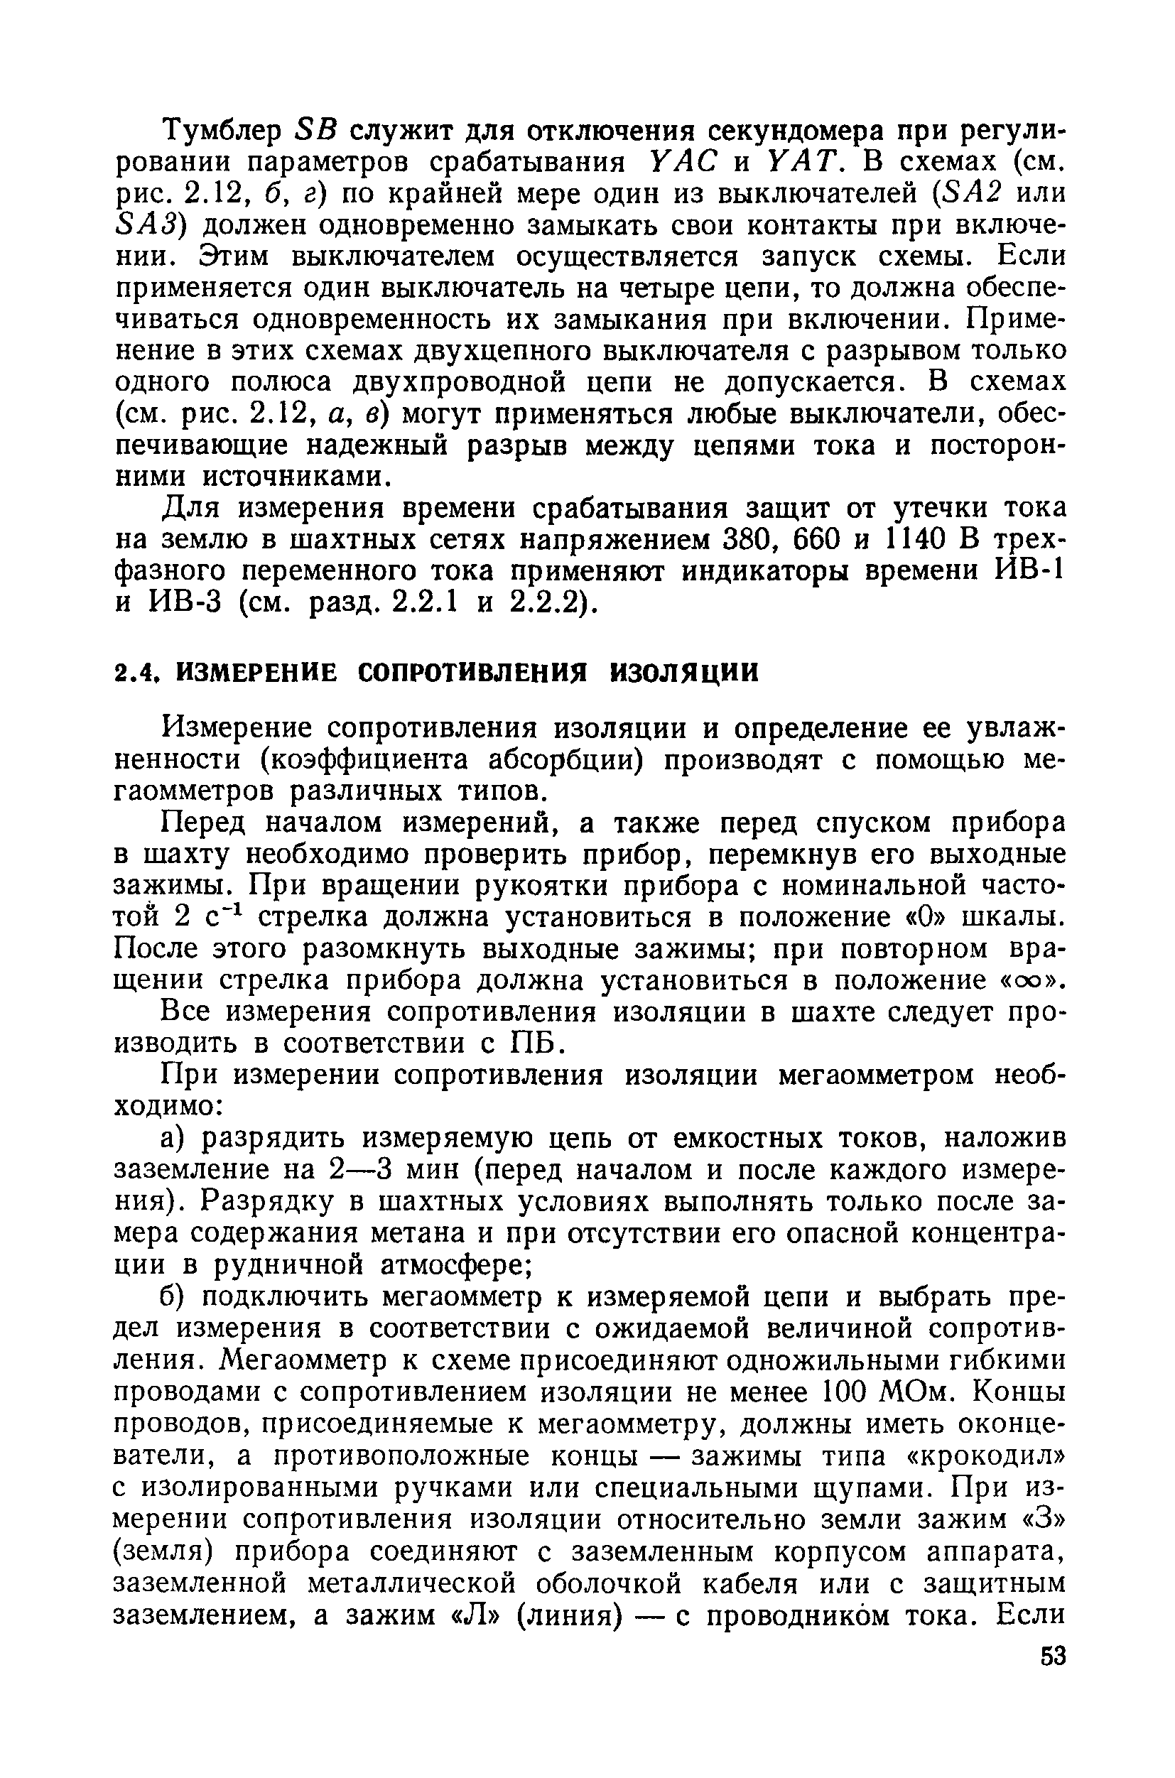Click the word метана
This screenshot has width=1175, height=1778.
coord(467,1232)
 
